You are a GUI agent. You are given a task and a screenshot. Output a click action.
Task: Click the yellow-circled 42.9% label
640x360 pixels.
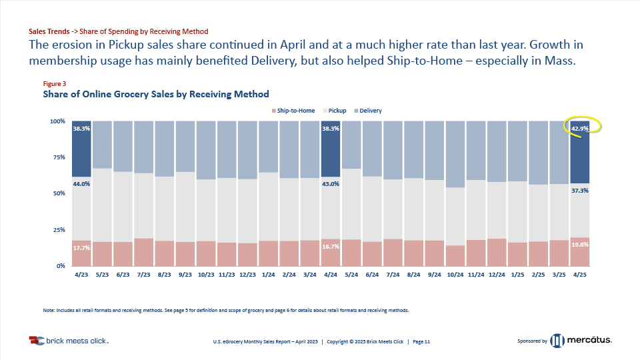tap(580, 128)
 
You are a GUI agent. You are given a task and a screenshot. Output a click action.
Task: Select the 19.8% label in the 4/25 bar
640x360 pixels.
tap(579, 245)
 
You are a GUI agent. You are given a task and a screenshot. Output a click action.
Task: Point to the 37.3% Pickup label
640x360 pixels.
tap(579, 191)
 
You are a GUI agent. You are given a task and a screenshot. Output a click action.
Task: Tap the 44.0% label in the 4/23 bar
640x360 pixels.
tap(81, 184)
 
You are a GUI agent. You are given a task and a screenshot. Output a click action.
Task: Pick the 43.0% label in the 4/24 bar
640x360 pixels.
tap(330, 184)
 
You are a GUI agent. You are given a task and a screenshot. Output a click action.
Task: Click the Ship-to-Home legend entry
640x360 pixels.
tap(293, 111)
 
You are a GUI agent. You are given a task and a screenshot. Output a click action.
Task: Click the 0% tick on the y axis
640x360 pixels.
tap(59, 266)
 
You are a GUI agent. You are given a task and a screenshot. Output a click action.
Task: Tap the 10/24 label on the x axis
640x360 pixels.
tap(455, 274)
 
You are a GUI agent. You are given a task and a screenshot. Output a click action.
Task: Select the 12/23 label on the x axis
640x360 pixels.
tap(247, 274)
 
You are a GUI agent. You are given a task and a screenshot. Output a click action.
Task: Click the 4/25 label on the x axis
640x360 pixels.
tap(579, 274)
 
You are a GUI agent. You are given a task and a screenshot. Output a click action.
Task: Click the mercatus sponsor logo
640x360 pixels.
tap(581, 341)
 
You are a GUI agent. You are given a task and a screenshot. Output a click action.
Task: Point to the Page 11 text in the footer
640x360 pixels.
tap(421, 341)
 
